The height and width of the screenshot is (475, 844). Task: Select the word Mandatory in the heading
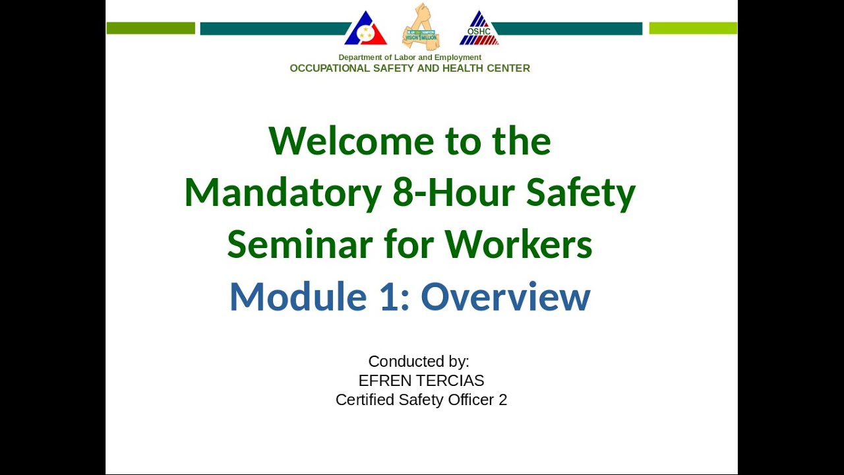tap(283, 193)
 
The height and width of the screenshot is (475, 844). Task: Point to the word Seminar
tap(300, 244)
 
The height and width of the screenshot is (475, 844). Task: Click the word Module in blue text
tap(297, 296)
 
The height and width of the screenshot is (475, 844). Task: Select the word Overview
tap(505, 296)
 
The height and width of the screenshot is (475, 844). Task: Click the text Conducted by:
tap(419, 362)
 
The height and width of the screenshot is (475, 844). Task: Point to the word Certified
tap(365, 400)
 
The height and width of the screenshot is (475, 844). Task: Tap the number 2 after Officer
tap(503, 400)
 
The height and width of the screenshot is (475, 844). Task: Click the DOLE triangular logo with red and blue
tap(365, 30)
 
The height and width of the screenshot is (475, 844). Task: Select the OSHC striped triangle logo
tap(479, 30)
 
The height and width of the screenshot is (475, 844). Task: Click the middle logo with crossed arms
tap(421, 27)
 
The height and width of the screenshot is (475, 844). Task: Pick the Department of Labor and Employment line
tap(409, 57)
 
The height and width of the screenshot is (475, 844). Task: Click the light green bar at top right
tap(693, 28)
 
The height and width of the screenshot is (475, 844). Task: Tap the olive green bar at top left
tap(150, 28)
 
